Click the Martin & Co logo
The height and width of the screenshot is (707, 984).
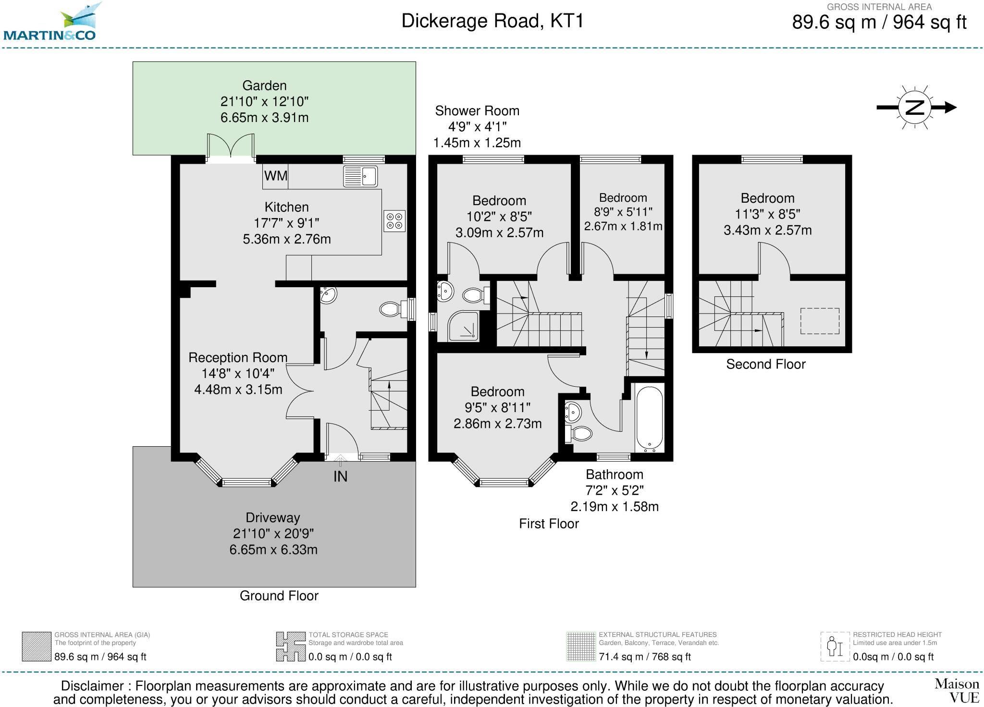pos(49,22)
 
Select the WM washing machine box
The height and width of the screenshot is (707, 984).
pos(276,176)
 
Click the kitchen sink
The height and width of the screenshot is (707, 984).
pos(360,176)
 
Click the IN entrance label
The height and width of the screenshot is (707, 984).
pos(340,476)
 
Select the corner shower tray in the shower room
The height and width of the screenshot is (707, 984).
pos(464,326)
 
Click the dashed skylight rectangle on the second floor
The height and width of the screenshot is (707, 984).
pos(820,321)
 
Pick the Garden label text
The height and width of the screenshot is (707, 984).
pos(264,85)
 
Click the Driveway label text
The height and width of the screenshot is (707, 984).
pos(273,518)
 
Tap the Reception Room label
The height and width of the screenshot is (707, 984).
pos(238,358)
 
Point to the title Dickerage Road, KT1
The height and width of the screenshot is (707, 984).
pos(492,21)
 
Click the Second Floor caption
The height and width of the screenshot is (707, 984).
pos(765,364)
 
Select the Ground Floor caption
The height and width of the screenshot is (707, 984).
pos(279,596)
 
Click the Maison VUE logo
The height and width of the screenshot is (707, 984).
pos(957,690)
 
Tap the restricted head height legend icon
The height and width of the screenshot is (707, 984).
pos(835,646)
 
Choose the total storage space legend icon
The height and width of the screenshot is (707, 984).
pos(291,646)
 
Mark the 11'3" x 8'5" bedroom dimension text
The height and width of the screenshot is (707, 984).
pos(767,214)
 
